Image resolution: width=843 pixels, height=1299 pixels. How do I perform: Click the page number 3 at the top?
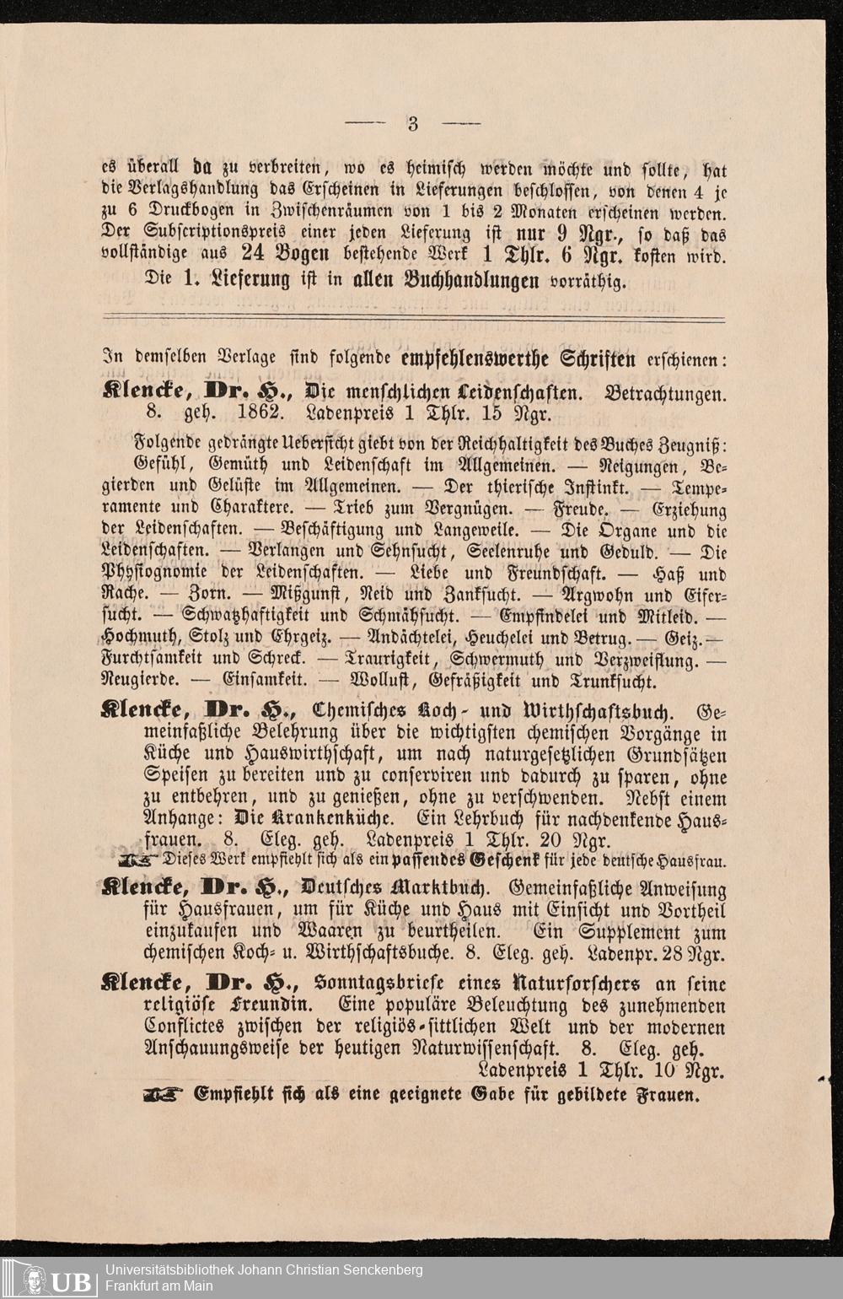(x=413, y=124)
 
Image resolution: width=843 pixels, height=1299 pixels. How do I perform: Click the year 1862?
(x=258, y=414)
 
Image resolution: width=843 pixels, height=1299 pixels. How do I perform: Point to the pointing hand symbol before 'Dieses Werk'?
(x=139, y=861)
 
